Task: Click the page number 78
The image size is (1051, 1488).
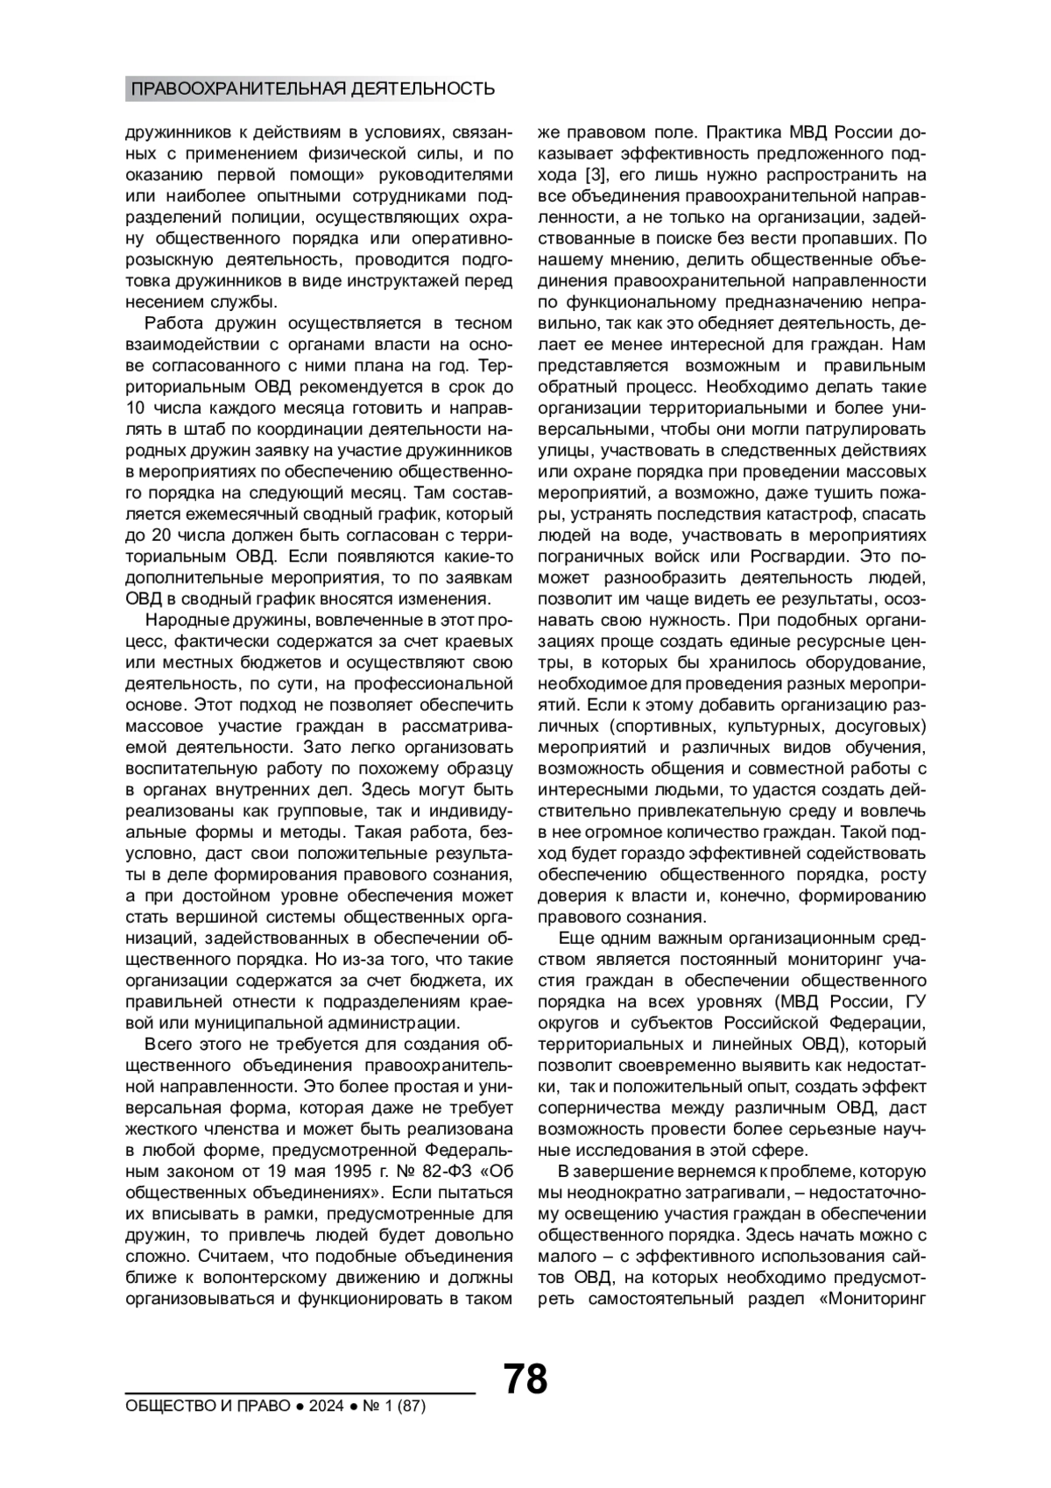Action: [525, 1378]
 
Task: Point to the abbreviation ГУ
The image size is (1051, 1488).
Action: [914, 1002]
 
